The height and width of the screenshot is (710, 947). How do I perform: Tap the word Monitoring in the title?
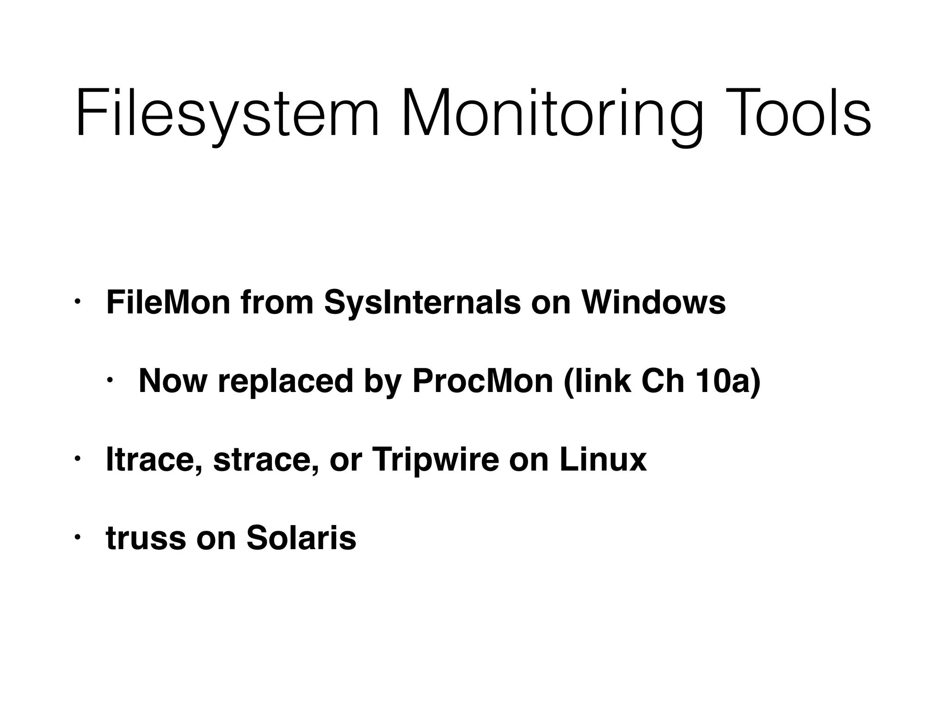(552, 114)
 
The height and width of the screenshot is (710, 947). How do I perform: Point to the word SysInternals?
(423, 303)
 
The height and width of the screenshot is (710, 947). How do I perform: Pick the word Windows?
(653, 303)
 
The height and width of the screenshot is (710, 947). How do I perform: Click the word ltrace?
(154, 460)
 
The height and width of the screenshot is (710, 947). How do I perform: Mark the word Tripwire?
(435, 460)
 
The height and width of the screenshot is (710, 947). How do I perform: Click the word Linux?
(603, 460)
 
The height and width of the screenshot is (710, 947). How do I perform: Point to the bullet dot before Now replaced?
(110, 381)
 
